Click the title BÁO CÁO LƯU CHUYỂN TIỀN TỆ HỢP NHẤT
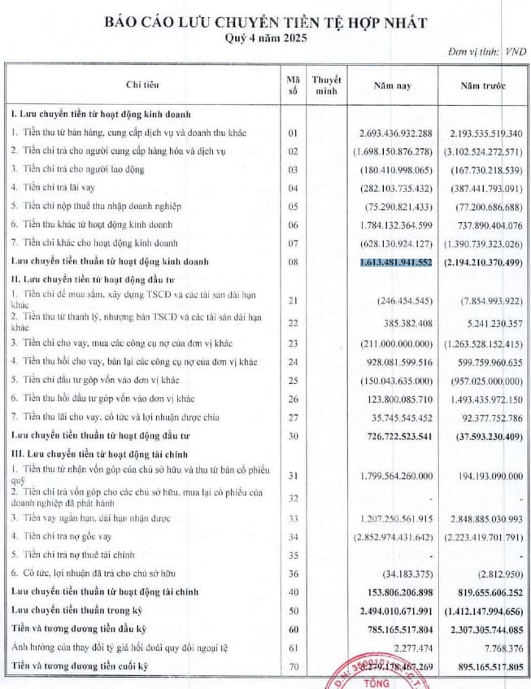[x=265, y=22]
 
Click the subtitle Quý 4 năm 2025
[x=265, y=37]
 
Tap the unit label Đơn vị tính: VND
[x=487, y=52]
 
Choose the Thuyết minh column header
[x=326, y=85]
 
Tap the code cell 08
[x=294, y=262]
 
